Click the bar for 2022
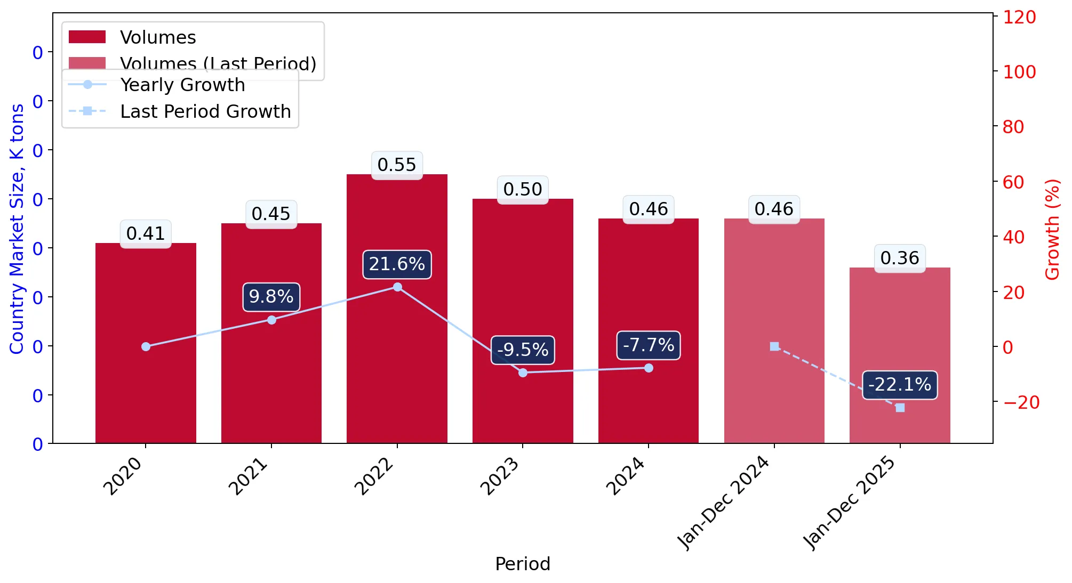(397, 309)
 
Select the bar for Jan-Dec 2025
(900, 355)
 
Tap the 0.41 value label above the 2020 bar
(146, 233)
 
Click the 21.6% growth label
(397, 264)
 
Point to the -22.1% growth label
(900, 385)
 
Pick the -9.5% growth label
(523, 350)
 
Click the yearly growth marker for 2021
(271, 320)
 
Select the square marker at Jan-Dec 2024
(774, 346)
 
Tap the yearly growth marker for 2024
(649, 368)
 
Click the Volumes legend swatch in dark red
(87, 37)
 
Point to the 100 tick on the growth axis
(1019, 72)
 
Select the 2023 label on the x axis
(500, 476)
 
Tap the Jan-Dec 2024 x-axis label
(724, 503)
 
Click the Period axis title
(523, 564)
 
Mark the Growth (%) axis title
(1052, 230)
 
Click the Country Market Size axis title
(17, 229)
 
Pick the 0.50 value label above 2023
(523, 189)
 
